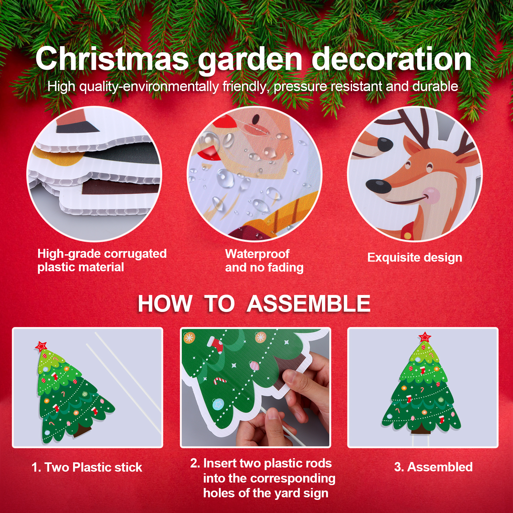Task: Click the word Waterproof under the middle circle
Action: (257, 254)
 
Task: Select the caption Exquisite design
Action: (415, 257)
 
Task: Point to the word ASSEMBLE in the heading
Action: (308, 304)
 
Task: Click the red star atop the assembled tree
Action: (425, 337)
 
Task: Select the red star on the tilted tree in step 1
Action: (41, 346)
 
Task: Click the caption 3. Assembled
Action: (433, 467)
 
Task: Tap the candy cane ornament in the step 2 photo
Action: (220, 381)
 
